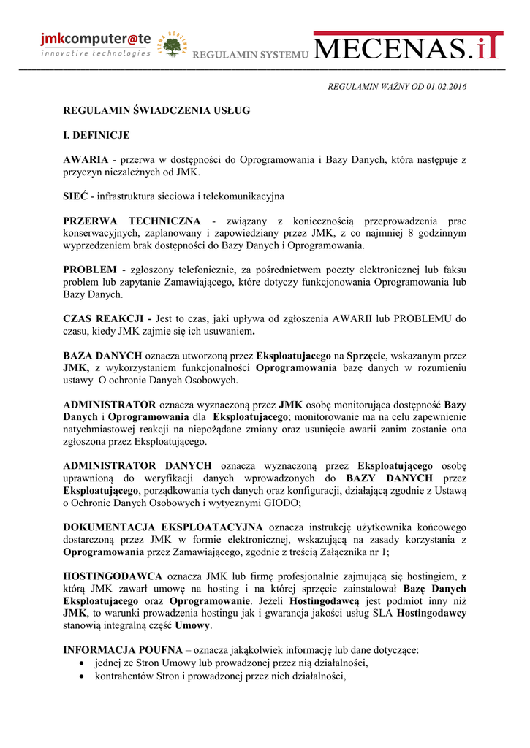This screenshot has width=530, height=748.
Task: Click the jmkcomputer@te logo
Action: point(95,41)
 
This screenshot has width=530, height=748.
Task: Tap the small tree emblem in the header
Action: point(173,45)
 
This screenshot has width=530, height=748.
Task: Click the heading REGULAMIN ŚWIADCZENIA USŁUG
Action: point(156,110)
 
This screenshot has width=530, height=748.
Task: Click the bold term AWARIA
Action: point(86,159)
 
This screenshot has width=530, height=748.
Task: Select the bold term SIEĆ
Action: point(76,196)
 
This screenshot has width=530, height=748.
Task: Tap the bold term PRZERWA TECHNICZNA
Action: point(132,221)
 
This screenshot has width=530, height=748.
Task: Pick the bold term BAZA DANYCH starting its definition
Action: point(102,355)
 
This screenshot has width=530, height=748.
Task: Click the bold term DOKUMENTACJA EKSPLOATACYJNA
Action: point(163,527)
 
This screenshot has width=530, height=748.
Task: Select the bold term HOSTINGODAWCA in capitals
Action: point(113,576)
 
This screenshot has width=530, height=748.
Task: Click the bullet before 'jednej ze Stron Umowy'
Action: point(82,663)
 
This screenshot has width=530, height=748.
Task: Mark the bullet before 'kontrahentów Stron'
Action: point(82,676)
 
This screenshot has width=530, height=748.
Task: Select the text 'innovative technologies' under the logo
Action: point(95,53)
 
